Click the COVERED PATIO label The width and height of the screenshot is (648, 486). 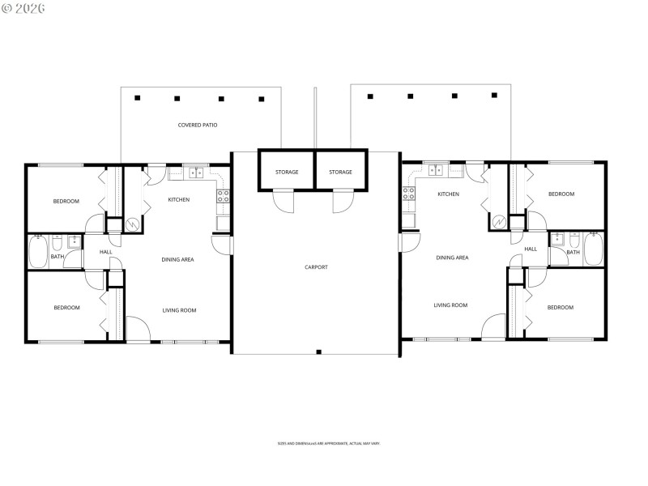tap(198, 126)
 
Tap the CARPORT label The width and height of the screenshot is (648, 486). tap(316, 266)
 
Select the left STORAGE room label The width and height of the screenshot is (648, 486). tap(286, 172)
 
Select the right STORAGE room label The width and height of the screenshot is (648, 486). tap(341, 172)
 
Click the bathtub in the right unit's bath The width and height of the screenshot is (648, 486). tap(593, 249)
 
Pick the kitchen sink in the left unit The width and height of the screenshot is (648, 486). tap(195, 172)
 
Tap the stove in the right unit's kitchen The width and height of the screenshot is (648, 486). tap(409, 194)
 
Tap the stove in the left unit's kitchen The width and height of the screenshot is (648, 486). tap(223, 195)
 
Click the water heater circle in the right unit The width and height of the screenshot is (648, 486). tap(500, 222)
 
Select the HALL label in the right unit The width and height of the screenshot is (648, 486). tap(531, 249)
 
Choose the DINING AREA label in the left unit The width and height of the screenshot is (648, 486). tap(177, 259)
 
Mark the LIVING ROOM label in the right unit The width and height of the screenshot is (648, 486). tap(450, 305)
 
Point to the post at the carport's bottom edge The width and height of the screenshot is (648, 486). tap(319, 352)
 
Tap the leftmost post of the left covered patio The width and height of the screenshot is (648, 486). tap(138, 98)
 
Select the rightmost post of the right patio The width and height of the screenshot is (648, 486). tap(494, 96)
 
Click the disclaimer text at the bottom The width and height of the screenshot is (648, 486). tap(329, 444)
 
